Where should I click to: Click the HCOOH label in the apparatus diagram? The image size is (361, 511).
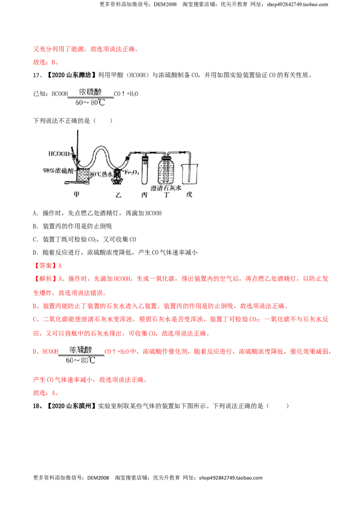pyautogui.click(x=59, y=153)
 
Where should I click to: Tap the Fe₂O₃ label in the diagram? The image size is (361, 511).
pyautogui.click(x=132, y=172)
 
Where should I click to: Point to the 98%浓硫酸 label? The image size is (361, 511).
pyautogui.click(x=58, y=171)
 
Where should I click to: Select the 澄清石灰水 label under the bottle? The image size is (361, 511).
pyautogui.click(x=166, y=188)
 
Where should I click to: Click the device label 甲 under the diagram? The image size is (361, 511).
pyautogui.click(x=77, y=195)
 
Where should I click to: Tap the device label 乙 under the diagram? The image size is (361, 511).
pyautogui.click(x=118, y=195)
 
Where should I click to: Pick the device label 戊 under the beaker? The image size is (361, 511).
pyautogui.click(x=189, y=195)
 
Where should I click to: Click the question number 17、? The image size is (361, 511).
pyautogui.click(x=38, y=75)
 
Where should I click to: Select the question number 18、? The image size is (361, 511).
pyautogui.click(x=38, y=406)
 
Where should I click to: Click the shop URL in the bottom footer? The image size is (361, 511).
pyautogui.click(x=231, y=478)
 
